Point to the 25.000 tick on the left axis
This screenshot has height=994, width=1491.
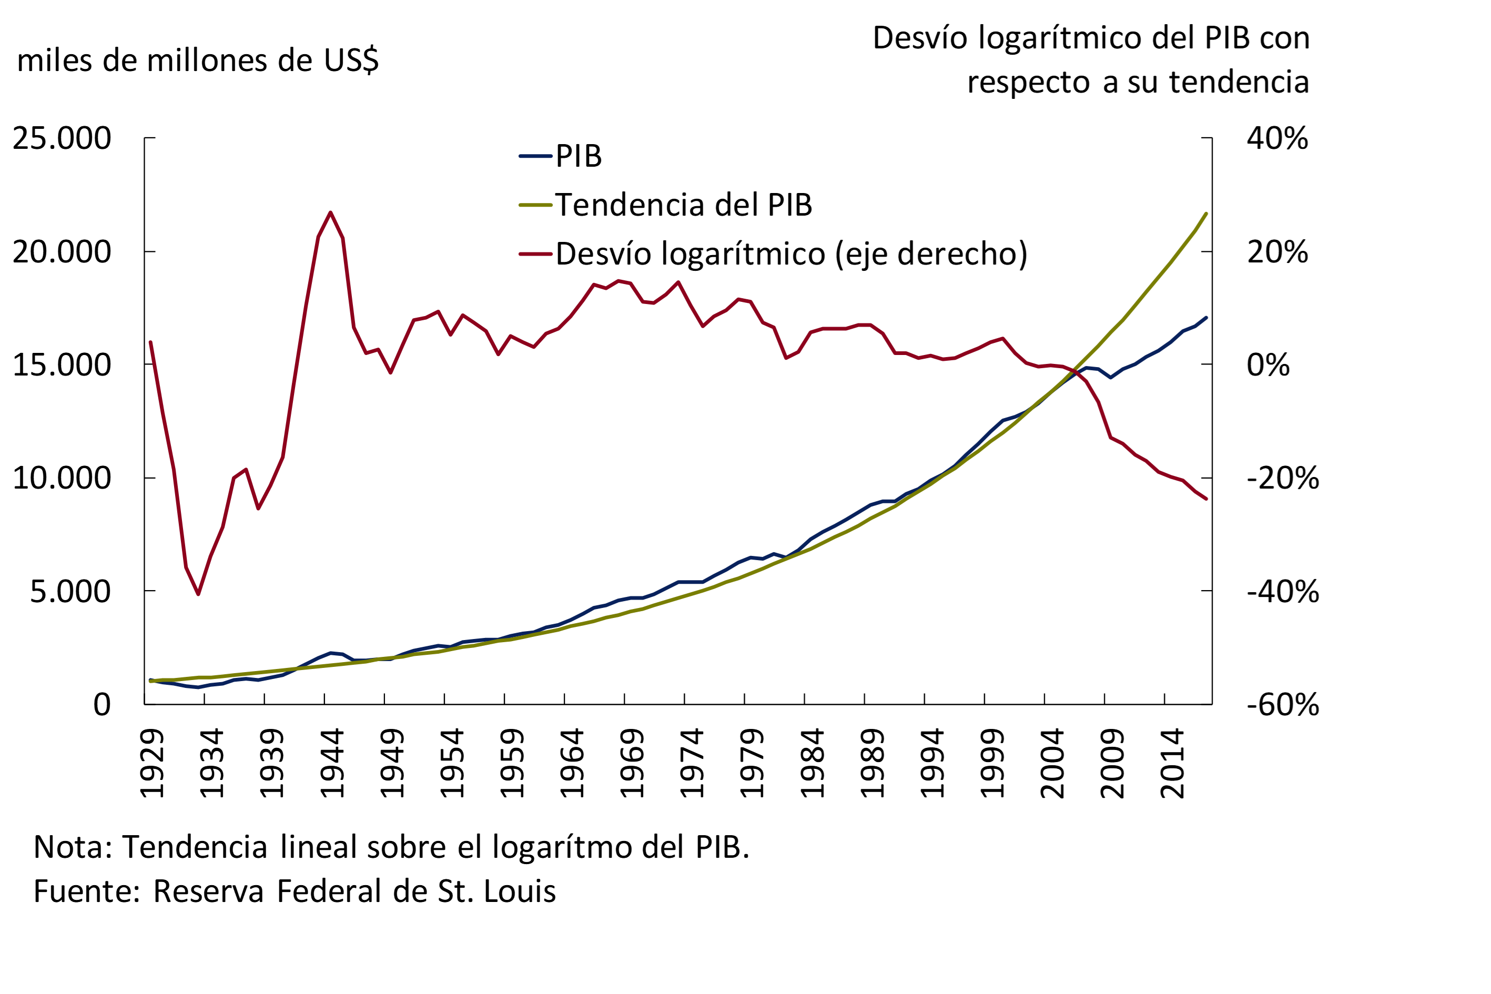click(x=62, y=138)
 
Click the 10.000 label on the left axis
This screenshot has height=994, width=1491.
click(x=62, y=478)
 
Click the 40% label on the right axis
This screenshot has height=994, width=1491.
click(x=1277, y=138)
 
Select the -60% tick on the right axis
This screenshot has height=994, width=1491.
click(x=1282, y=704)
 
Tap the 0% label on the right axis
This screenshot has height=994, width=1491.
click(x=1268, y=365)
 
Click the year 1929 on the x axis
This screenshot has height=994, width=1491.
click(x=152, y=763)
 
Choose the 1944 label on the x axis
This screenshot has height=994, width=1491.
click(x=332, y=763)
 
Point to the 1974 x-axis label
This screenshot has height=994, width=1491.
click(x=692, y=763)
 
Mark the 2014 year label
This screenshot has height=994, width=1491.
click(x=1172, y=763)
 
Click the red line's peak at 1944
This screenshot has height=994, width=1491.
click(x=330, y=212)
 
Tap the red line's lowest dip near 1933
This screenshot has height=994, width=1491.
click(x=198, y=594)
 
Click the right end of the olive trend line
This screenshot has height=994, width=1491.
click(x=1206, y=214)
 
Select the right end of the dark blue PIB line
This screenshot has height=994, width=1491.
click(x=1206, y=318)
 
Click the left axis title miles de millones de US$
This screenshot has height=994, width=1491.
click(x=198, y=61)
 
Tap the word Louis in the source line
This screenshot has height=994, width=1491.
click(x=519, y=891)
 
